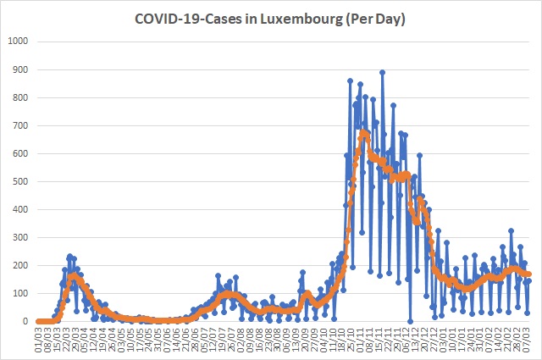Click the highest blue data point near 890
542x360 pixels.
pyautogui.click(x=383, y=72)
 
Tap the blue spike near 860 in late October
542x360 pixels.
pyautogui.click(x=351, y=80)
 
